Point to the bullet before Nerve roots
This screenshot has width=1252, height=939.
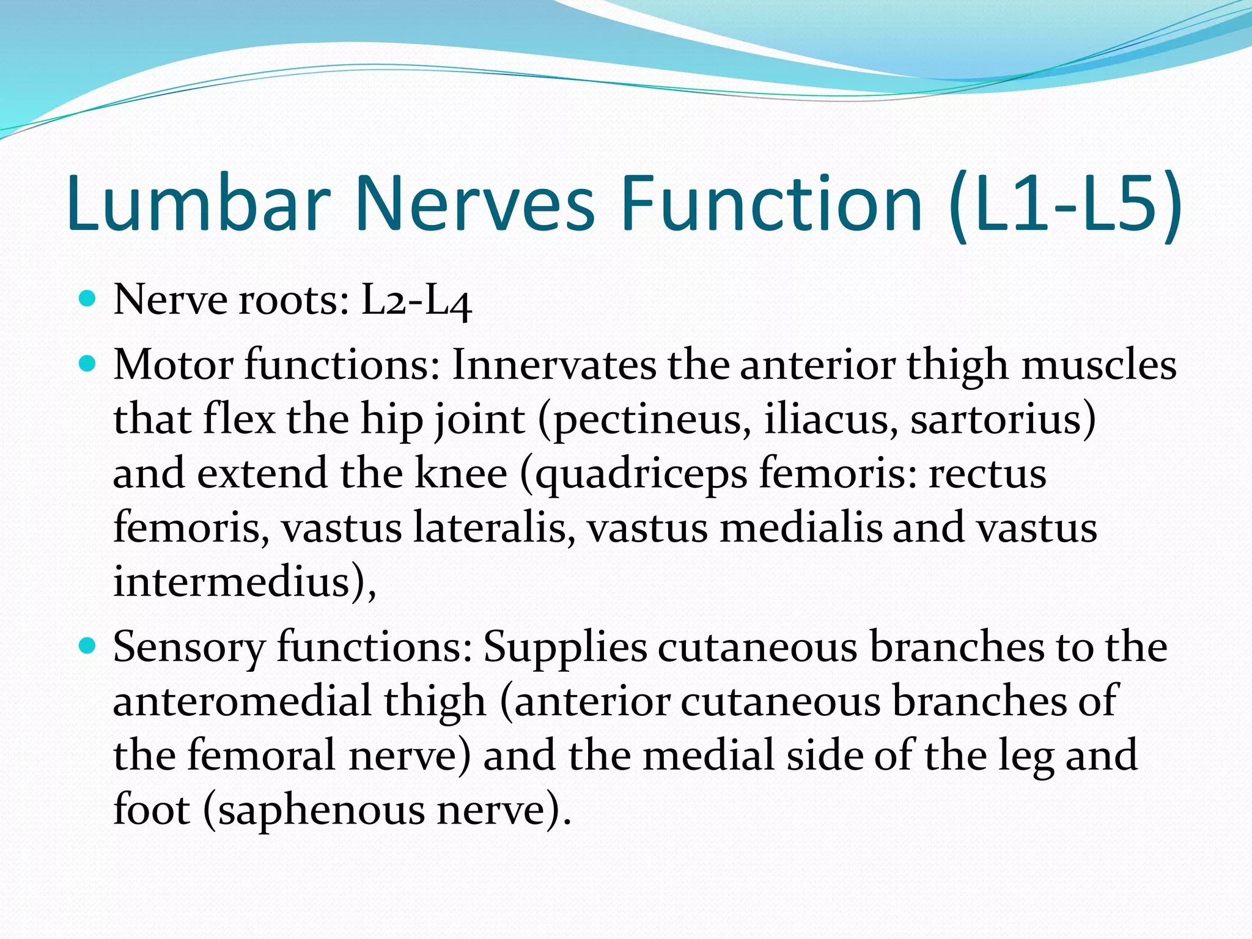[x=89, y=299]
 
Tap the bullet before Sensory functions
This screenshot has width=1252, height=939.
[x=89, y=646]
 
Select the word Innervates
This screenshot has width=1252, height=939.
[x=554, y=365]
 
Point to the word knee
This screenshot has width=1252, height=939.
[x=461, y=473]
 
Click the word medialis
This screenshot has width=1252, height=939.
[x=801, y=528]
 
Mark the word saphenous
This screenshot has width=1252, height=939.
[x=322, y=811]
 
